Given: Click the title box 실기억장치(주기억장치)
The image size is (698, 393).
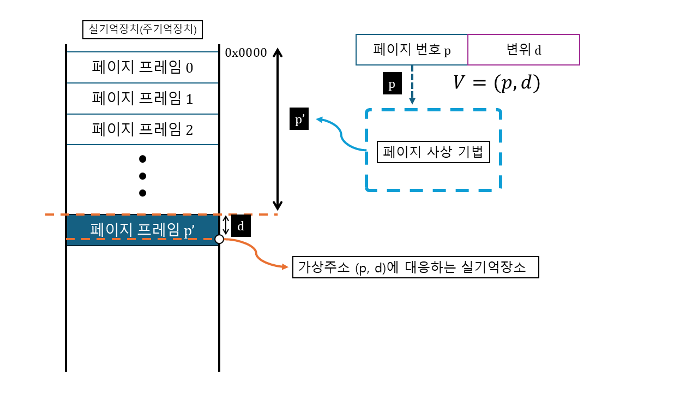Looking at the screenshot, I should (x=142, y=29).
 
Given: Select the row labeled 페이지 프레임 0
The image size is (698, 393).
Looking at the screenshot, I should (x=142, y=68).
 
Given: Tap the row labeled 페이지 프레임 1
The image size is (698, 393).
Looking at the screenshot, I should (x=142, y=99).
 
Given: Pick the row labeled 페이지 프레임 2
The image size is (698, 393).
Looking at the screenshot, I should (x=142, y=130).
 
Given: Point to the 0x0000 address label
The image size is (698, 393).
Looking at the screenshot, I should (x=245, y=53).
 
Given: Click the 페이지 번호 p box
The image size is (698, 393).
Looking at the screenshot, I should (x=412, y=50).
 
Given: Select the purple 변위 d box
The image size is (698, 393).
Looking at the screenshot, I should (x=523, y=50).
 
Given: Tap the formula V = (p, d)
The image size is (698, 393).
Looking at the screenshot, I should (x=496, y=82).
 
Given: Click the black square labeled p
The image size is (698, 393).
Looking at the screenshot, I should (x=392, y=85).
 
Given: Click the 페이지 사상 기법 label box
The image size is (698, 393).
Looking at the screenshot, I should (x=434, y=152).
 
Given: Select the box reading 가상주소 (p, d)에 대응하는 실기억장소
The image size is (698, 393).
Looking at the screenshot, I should (x=416, y=267).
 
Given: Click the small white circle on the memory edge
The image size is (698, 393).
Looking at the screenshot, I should (x=219, y=239).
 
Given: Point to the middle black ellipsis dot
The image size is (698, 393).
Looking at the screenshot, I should (x=143, y=176).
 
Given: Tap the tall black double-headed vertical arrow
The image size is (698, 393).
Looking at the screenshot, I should (x=278, y=129).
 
